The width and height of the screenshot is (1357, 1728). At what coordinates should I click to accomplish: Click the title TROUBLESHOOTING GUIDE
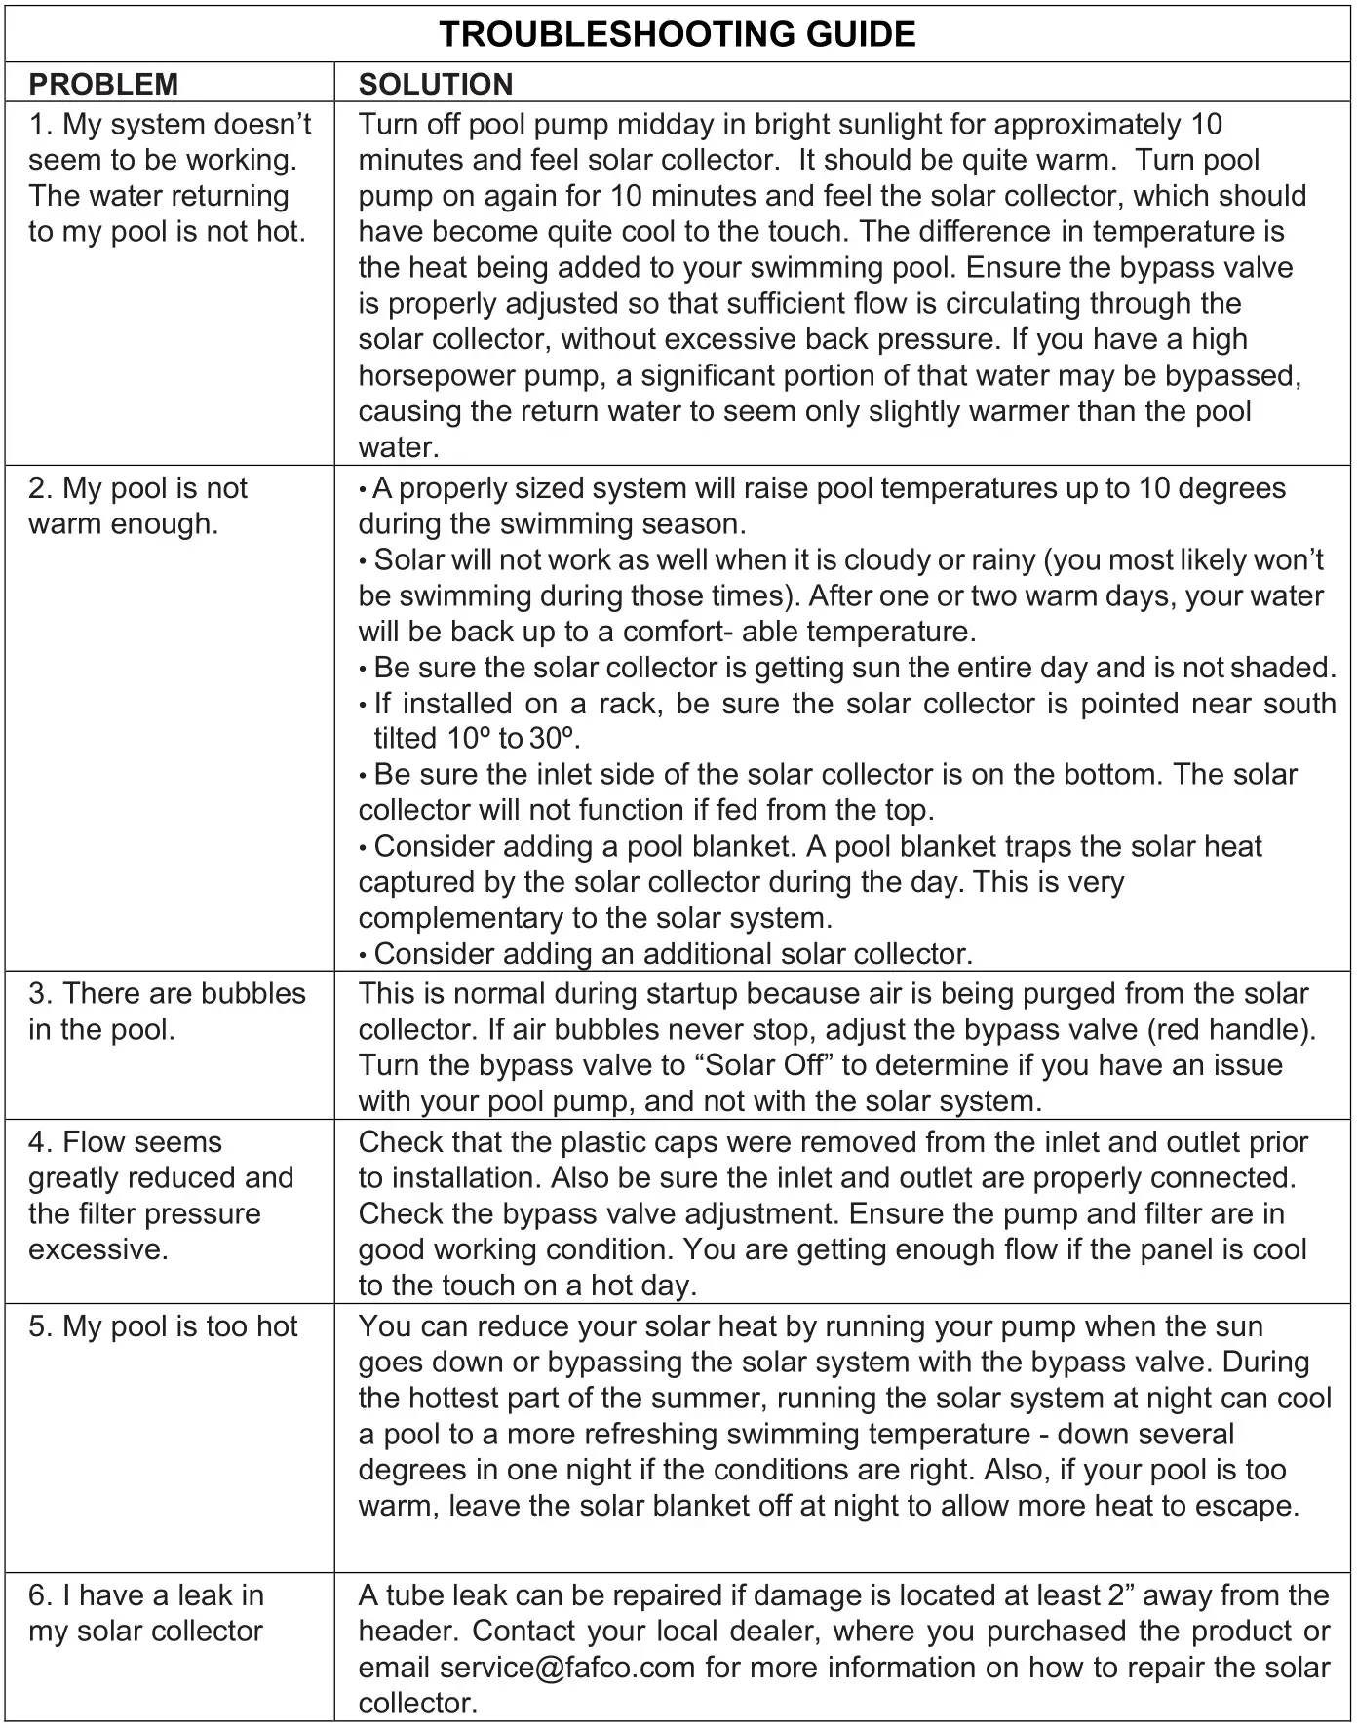pyautogui.click(x=678, y=35)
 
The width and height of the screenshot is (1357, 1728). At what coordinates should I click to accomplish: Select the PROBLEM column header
pyautogui.click(x=103, y=85)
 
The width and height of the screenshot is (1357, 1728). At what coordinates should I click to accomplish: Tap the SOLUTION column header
pyautogui.click(x=435, y=85)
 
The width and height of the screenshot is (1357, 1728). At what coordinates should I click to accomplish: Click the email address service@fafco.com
pyautogui.click(x=567, y=1667)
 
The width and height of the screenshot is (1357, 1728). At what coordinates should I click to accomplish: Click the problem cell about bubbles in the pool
pyautogui.click(x=167, y=1011)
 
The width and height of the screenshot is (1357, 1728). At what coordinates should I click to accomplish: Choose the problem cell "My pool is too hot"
pyautogui.click(x=163, y=1326)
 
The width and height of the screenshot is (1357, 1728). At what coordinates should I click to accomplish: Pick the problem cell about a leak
pyautogui.click(x=146, y=1613)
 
